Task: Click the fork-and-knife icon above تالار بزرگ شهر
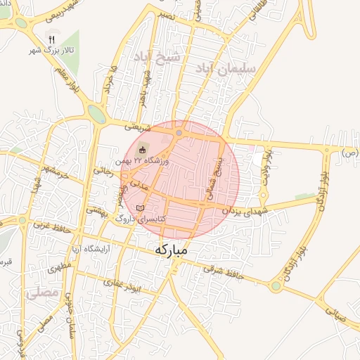tap(51, 38)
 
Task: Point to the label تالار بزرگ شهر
tap(51, 50)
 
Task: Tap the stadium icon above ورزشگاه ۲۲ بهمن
tap(143, 150)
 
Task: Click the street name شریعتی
tap(137, 127)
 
